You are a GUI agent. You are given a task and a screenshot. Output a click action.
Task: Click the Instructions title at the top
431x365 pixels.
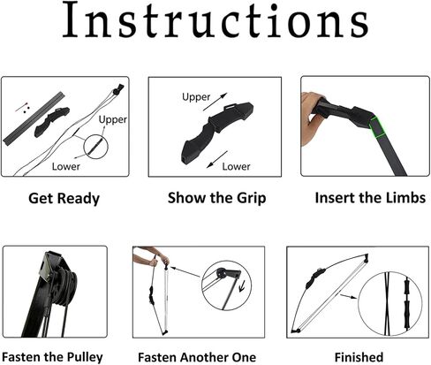(215, 19)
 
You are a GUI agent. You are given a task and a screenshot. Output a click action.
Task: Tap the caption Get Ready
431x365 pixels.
(64, 198)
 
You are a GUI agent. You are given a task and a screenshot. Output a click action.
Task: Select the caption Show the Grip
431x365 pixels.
(217, 198)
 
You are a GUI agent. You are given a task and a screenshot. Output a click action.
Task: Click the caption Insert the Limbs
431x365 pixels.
(370, 197)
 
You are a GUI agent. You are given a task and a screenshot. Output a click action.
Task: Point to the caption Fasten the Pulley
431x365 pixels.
(52, 357)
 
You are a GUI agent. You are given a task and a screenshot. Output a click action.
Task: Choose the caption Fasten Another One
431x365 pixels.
(197, 357)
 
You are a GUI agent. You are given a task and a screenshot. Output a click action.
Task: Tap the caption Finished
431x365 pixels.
(359, 357)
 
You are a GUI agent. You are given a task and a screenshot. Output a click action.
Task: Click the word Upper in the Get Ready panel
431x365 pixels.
(113, 119)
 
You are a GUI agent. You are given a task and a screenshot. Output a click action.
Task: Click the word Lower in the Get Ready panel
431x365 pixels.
(66, 166)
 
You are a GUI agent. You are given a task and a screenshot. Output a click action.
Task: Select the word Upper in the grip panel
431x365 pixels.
(196, 97)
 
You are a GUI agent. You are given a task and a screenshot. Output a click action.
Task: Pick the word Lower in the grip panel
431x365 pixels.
(236, 166)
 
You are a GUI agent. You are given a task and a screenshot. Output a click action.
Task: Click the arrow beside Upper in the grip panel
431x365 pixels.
(215, 102)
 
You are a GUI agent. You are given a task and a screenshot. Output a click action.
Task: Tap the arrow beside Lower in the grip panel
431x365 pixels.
(217, 159)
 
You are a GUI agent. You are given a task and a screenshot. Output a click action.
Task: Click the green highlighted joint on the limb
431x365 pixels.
(377, 127)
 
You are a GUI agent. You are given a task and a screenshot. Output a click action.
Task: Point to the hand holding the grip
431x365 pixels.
(312, 118)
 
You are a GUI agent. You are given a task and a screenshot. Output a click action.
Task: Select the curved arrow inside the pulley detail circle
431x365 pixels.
(243, 286)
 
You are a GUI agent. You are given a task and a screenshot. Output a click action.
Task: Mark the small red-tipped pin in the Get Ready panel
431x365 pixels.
(22, 107)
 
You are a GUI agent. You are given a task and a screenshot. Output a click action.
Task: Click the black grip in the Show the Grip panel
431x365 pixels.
(216, 132)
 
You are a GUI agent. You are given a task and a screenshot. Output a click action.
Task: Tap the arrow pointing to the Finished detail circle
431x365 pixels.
(349, 296)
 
